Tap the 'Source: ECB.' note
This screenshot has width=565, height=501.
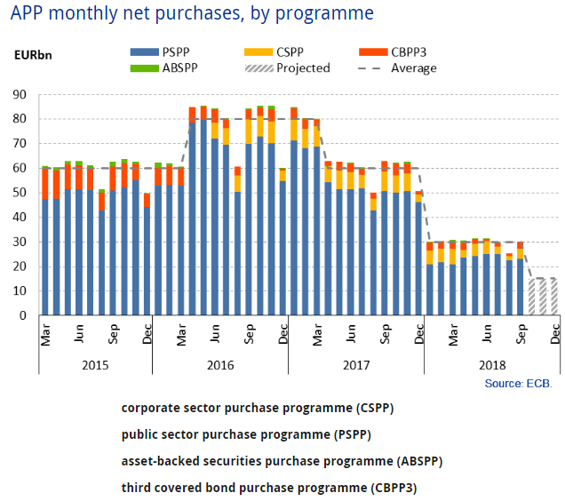pos(518,383)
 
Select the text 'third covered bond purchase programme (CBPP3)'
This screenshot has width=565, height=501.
pos(268,488)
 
